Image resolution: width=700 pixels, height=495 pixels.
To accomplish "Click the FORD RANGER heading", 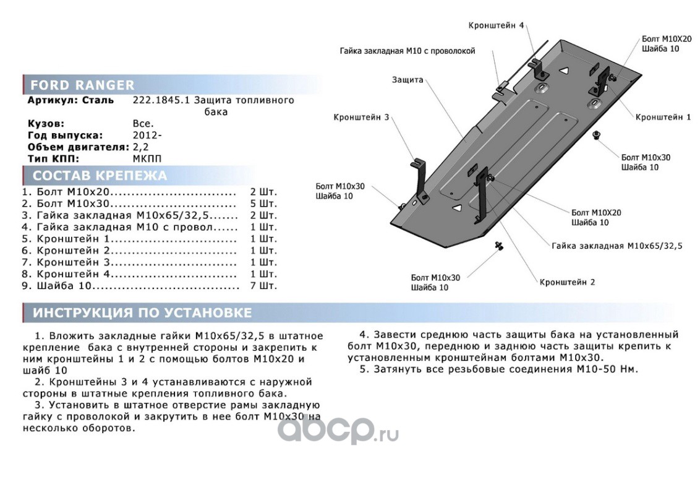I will pos(82,85).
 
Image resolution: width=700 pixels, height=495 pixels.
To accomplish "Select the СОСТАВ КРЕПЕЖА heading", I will pos(99,176).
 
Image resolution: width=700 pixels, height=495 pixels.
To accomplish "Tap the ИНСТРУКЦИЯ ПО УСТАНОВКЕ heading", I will pos(142,312).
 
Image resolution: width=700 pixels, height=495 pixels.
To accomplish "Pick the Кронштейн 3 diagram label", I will pos(361,117).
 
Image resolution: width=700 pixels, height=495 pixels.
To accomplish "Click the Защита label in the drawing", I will pos(407,80).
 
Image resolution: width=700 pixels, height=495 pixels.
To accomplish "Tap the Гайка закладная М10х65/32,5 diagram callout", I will pos(616,246).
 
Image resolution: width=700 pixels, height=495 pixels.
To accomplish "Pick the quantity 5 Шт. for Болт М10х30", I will pos(263,203).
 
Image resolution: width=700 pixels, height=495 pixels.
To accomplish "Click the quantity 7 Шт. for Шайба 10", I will pos(263,286).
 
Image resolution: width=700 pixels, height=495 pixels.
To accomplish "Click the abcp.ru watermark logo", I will pos(337,429).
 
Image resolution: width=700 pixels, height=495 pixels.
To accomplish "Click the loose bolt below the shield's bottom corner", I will pos(498,247).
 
